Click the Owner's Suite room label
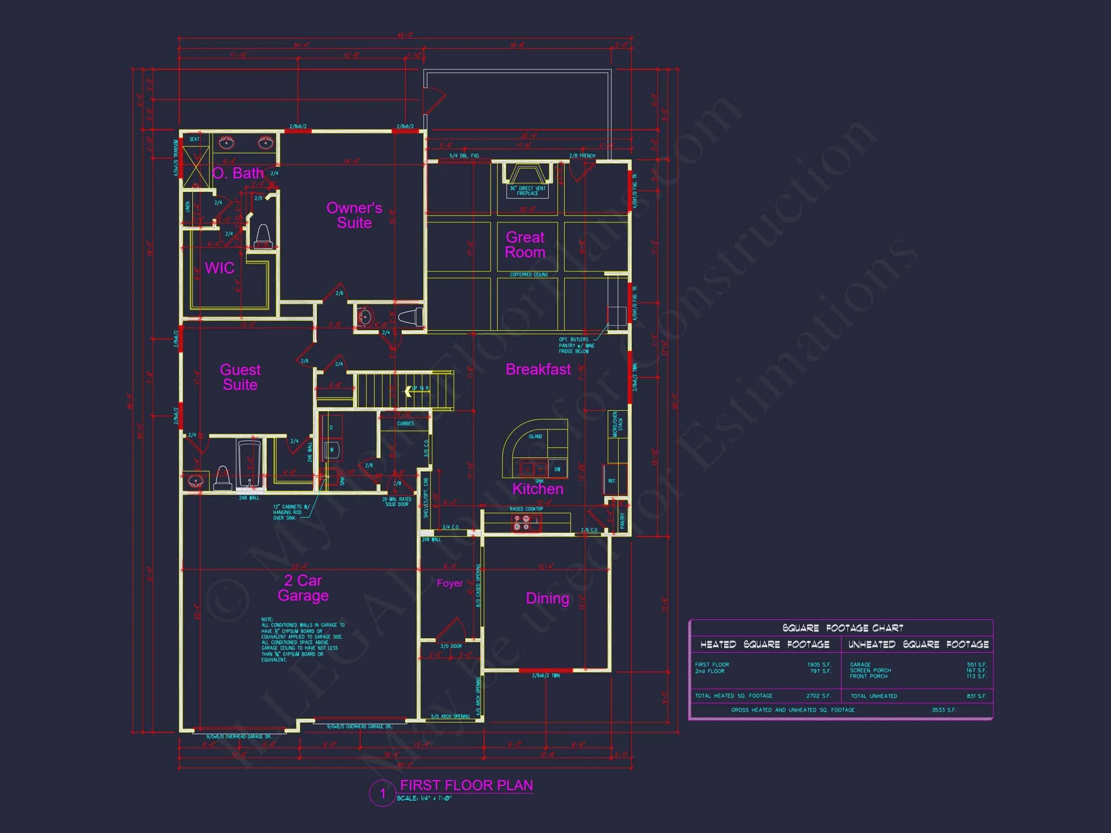[x=354, y=215]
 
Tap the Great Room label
[x=525, y=244]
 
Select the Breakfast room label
[x=538, y=370]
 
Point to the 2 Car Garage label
[x=303, y=588]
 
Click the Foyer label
[x=449, y=583]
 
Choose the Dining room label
[x=547, y=599]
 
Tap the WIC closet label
[x=219, y=268]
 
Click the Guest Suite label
[x=240, y=377]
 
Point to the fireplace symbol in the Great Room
[x=527, y=174]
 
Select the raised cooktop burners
[x=520, y=523]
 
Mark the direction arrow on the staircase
[x=408, y=390]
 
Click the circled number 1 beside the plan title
[x=382, y=794]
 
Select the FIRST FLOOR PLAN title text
[x=466, y=785]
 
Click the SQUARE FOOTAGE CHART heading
[x=842, y=628]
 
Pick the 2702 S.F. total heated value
[x=819, y=696]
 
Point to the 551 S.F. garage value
[x=976, y=665]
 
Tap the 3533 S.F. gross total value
[x=944, y=710]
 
